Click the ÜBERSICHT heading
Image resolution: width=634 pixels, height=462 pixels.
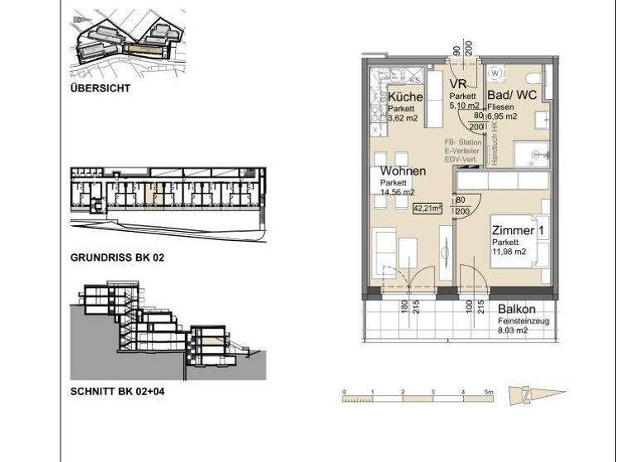click(100, 87)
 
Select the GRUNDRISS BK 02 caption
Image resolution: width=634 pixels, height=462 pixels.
click(118, 258)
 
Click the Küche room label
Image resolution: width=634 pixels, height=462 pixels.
click(405, 97)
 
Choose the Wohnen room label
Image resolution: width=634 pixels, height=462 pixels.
click(403, 172)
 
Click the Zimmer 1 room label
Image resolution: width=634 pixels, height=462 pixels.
click(518, 231)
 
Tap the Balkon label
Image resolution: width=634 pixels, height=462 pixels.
click(517, 310)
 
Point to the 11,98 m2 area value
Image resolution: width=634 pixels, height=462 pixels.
click(509, 252)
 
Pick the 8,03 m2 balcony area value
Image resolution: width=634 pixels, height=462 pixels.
click(513, 330)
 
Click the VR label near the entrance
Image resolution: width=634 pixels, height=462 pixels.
click(459, 85)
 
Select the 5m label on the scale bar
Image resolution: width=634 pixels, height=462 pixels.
click(490, 389)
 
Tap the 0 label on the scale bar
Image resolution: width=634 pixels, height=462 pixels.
click(344, 389)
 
